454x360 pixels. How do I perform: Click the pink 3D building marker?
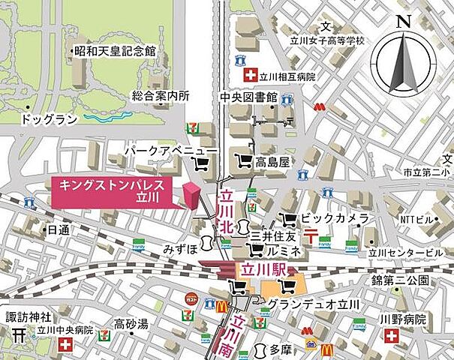click(x=193, y=194)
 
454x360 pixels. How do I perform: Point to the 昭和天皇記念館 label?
click(x=114, y=52)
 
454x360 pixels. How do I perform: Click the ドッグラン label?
click(x=47, y=119)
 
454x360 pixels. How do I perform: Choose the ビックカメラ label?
click(x=335, y=218)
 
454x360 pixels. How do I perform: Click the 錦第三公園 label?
click(x=403, y=280)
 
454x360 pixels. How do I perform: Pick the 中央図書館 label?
click(x=248, y=97)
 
